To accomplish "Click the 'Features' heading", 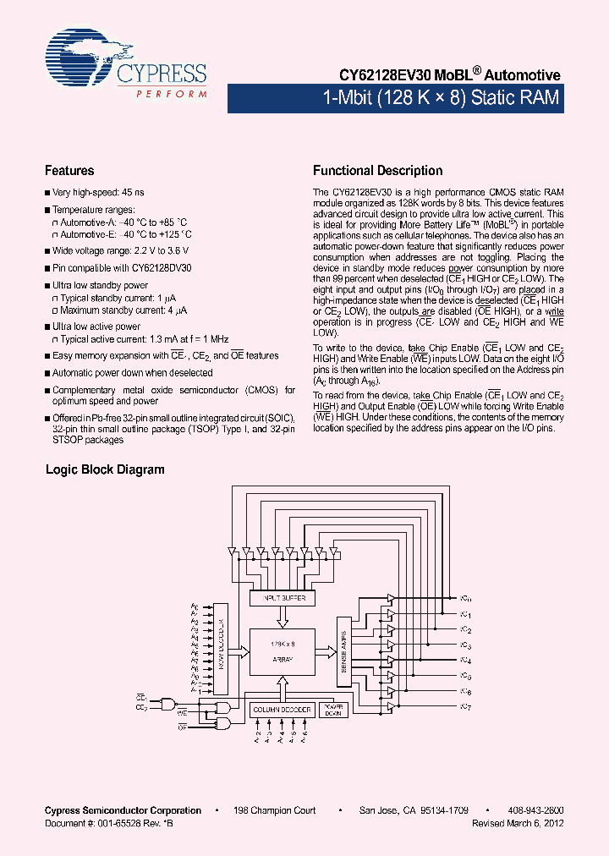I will coord(69,171).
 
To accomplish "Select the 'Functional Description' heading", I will coord(377,171).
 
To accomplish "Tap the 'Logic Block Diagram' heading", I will coord(105,469).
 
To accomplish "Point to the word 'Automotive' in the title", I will coord(521,75).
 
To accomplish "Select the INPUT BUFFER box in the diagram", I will coord(282,599).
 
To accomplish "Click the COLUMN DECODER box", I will coord(282,710).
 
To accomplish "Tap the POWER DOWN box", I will coord(333,710).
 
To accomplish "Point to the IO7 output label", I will coord(465,706).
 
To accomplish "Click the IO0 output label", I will coord(465,598).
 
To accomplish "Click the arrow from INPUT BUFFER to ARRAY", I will coord(282,617).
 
